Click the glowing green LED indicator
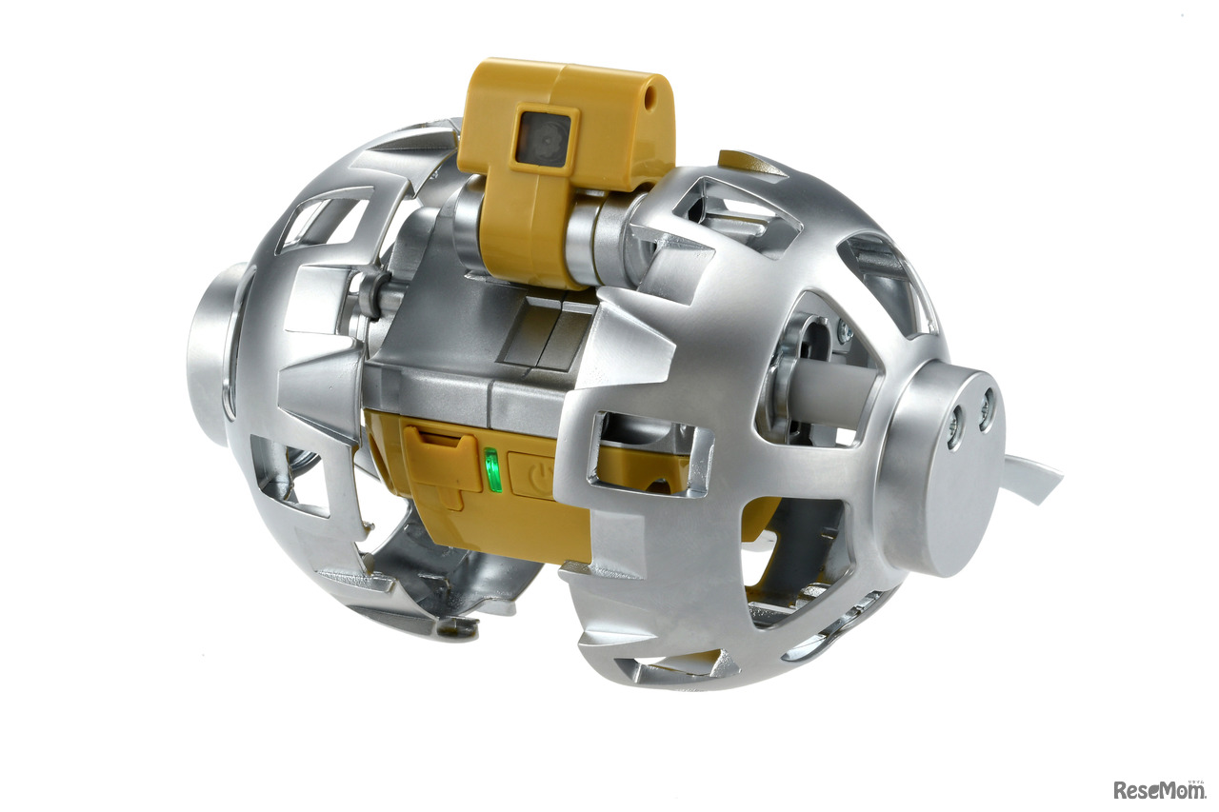pyautogui.click(x=492, y=469)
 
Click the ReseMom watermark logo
pyautogui.click(x=1158, y=788)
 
